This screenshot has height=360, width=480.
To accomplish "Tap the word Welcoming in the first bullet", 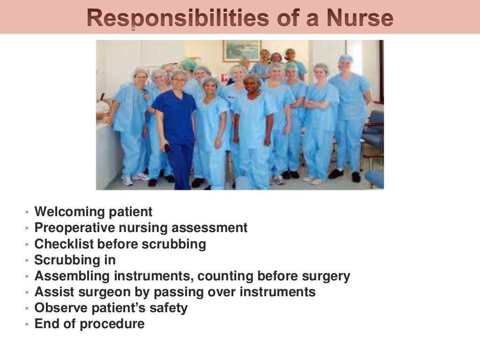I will click(x=69, y=212).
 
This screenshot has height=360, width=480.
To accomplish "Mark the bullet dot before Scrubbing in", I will click(x=27, y=260).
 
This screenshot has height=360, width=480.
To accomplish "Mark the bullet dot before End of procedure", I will click(x=27, y=324).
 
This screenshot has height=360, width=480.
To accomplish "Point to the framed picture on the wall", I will click(x=241, y=50).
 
